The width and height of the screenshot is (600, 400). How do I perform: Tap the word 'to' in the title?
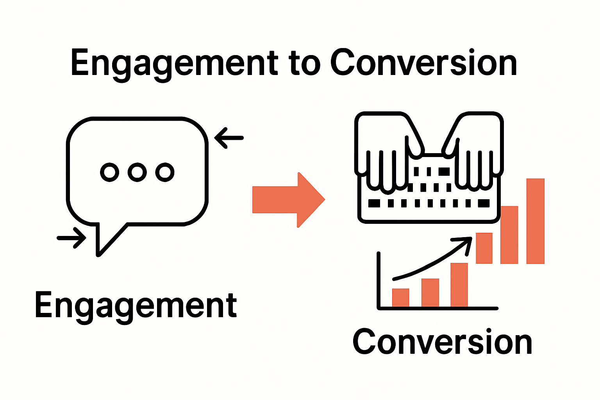tap(305, 64)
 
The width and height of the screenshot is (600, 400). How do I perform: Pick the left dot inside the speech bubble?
tap(110, 172)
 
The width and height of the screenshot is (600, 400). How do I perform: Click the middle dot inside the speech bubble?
tap(137, 172)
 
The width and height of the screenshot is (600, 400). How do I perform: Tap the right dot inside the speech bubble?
tap(164, 172)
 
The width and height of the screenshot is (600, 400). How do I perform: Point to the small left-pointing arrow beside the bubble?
tap(229, 138)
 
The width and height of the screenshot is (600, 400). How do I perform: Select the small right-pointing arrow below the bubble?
tap(72, 237)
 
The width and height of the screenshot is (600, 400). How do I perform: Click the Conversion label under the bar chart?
tap(442, 342)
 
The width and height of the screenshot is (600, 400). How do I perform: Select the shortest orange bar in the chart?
tap(400, 298)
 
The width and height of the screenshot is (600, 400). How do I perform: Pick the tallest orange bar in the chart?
tap(535, 221)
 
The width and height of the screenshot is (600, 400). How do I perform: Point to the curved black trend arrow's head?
tap(465, 242)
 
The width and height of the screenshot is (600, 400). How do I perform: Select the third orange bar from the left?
tap(459, 285)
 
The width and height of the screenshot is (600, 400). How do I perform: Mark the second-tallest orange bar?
tap(509, 235)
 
